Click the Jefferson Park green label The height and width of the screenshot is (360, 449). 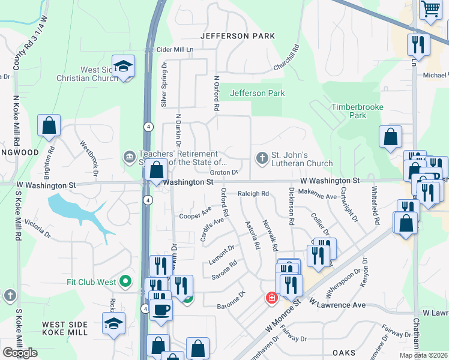pos(258,93)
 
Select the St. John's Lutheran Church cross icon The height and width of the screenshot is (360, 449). pos(262,158)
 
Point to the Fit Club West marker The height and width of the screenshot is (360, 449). pos(125,281)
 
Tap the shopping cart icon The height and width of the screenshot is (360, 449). pos(430,9)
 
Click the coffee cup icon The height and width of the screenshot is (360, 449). pos(161,310)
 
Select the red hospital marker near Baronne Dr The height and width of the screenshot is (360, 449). pos(271,298)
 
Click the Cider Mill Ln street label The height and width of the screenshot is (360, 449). pos(175,49)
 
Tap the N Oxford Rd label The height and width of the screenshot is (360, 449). pos(216,93)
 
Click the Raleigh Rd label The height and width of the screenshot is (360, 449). pos(253,194)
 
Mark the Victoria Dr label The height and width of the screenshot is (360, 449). pos(38,227)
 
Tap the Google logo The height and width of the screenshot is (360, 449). pos(20,353)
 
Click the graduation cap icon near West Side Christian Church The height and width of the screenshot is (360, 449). pos(123,66)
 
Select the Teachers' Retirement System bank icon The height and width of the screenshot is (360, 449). pos(129,158)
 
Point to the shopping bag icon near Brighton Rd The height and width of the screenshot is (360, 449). pos(49,125)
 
